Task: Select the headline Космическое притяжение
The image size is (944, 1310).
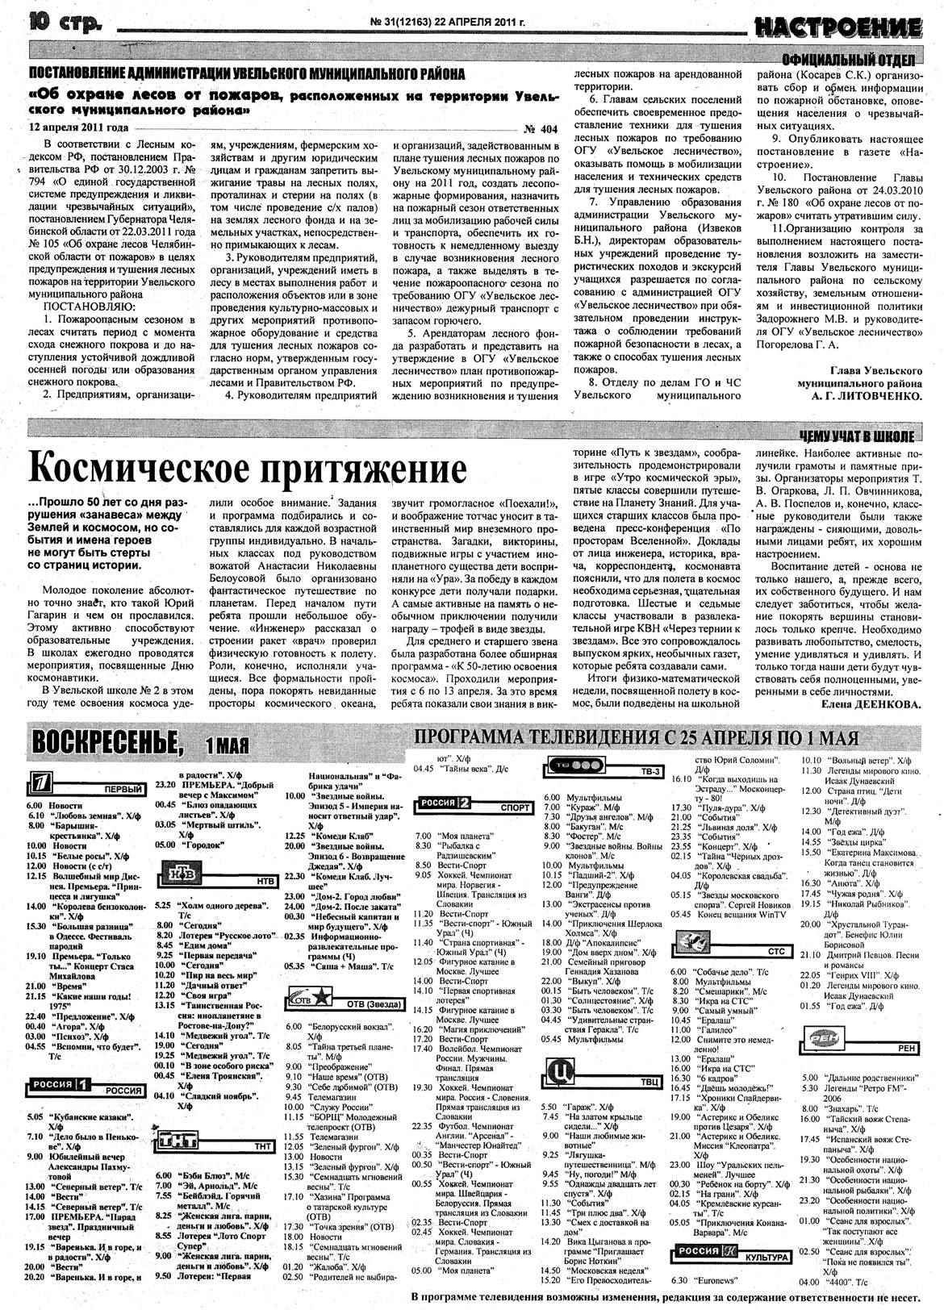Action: click(247, 469)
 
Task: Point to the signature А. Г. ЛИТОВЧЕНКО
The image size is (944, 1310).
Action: click(866, 396)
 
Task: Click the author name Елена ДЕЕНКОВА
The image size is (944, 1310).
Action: click(871, 704)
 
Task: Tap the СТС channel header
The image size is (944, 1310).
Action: click(775, 951)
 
